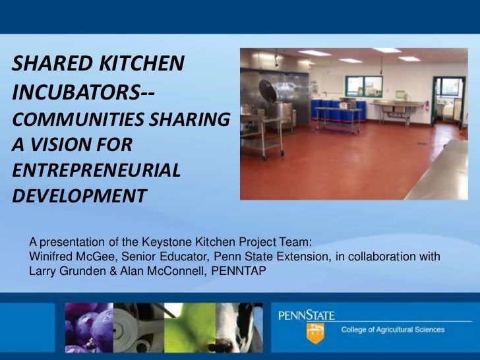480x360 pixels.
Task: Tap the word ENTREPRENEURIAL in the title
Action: click(96, 169)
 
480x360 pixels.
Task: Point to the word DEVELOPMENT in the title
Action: click(78, 196)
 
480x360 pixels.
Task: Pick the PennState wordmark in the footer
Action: click(306, 316)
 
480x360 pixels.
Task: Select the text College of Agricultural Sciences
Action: click(392, 330)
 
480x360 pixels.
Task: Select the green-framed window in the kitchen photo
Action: click(363, 86)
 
